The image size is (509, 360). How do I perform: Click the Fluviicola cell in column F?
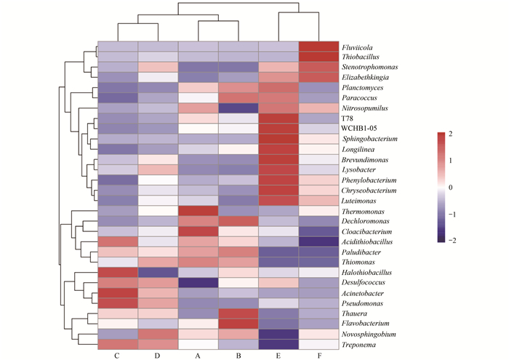click(x=318, y=46)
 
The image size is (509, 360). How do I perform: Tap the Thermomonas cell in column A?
click(x=198, y=210)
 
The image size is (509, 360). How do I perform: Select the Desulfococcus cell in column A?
click(x=198, y=282)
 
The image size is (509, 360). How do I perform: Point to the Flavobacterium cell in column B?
click(x=238, y=323)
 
